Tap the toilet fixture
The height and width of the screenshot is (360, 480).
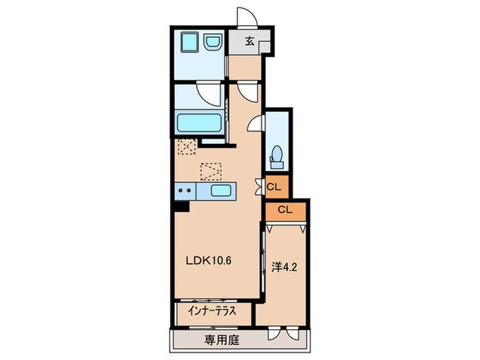pyautogui.click(x=276, y=156)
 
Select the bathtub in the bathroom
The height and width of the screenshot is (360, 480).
pyautogui.click(x=198, y=123)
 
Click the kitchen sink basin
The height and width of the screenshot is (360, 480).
pyautogui.click(x=220, y=190)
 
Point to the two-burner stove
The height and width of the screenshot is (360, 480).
pyautogui.click(x=185, y=190)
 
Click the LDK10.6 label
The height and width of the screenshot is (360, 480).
pyautogui.click(x=211, y=260)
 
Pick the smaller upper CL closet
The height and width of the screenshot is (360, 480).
pyautogui.click(x=273, y=185)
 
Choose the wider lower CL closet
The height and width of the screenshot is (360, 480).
pyautogui.click(x=286, y=210)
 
